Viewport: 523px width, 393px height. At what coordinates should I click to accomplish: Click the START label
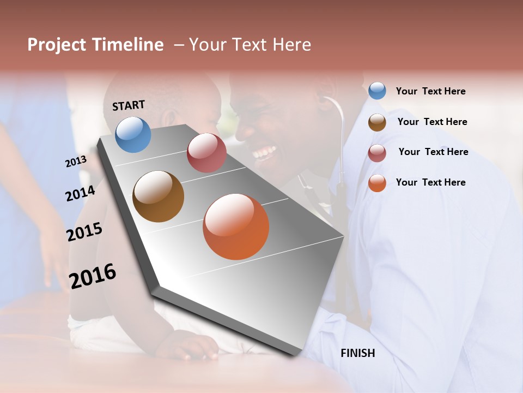129,105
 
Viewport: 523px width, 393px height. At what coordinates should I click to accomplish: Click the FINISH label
357,353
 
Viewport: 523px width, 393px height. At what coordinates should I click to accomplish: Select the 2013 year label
76,161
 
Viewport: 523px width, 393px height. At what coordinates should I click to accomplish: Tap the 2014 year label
80,193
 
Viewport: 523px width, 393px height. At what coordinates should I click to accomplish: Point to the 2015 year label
84,232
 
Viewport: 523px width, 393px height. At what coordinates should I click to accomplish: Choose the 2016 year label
93,276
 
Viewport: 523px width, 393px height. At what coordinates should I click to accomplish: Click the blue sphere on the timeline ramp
133,134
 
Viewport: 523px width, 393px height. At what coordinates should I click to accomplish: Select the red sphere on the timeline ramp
206,153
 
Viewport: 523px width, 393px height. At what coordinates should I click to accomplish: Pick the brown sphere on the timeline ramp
159,196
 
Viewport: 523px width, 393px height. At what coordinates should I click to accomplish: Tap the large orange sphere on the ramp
236,227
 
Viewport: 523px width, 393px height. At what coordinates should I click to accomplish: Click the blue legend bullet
377,91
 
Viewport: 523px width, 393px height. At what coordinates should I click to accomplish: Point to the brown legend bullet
377,122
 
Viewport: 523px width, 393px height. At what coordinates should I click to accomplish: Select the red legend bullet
377,153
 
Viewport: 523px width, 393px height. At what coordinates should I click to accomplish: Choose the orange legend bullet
377,183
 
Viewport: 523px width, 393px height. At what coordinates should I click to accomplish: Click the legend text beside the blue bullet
430,91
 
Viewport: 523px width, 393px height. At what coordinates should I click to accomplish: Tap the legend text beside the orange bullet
430,182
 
